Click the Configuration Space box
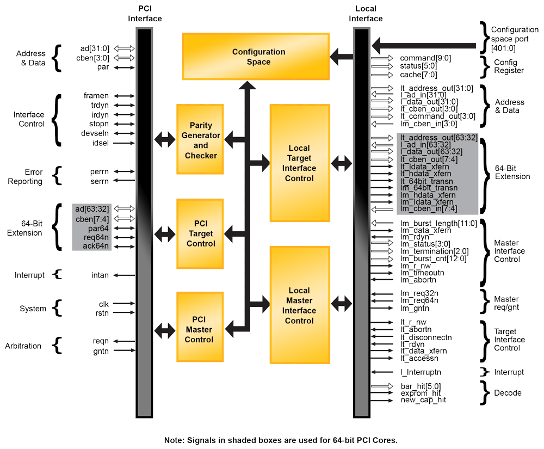(256, 57)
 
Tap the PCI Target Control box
(201, 234)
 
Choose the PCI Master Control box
(201, 330)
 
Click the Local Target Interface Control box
(299, 163)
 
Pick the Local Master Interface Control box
(299, 305)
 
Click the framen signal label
(96, 96)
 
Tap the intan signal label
(100, 275)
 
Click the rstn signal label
(101, 312)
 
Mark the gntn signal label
(101, 351)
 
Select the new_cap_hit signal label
(423, 400)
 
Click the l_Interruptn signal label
(421, 372)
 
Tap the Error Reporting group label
(25, 176)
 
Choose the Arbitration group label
(23, 346)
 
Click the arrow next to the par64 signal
(124, 229)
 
